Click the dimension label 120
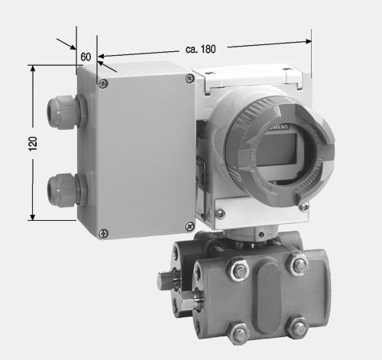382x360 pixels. tap(33, 144)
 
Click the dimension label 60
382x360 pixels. tap(86, 57)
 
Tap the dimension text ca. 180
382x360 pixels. tap(201, 49)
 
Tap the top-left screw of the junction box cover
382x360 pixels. tap(103, 83)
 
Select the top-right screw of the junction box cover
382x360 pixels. tap(189, 78)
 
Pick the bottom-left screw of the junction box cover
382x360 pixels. tap(103, 233)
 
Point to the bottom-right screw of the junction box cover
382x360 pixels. tap(189, 226)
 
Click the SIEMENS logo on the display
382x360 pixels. tap(277, 127)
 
